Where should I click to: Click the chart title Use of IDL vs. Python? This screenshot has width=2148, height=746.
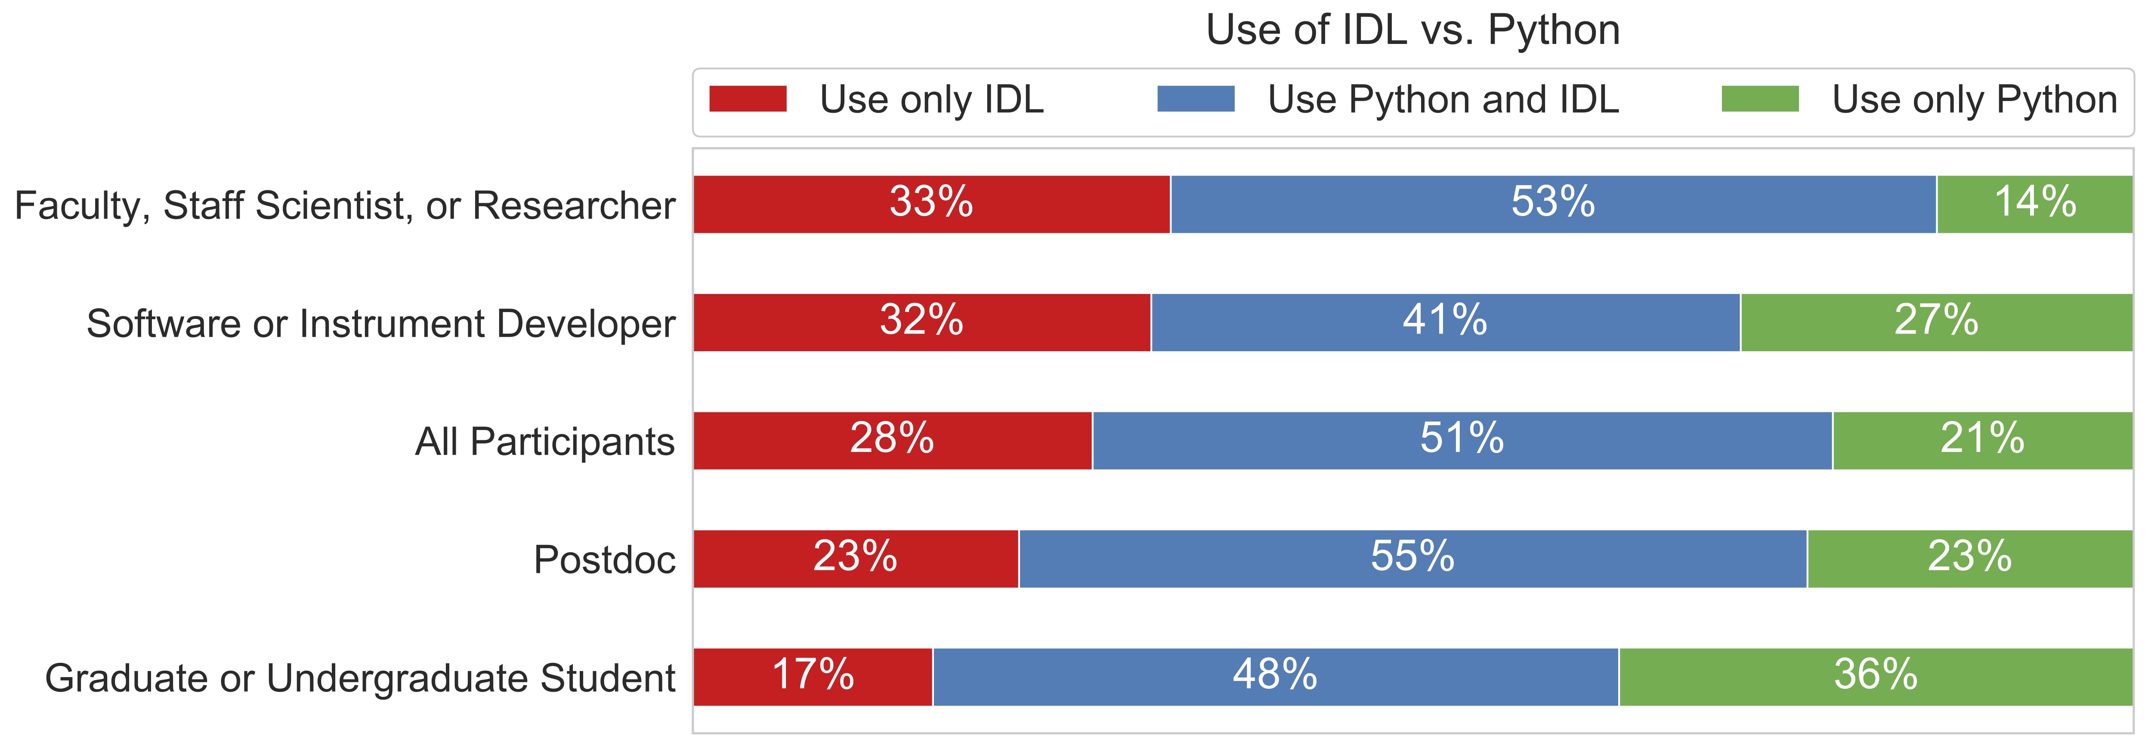(x=1412, y=30)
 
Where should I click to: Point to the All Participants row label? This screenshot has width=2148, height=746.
(x=544, y=441)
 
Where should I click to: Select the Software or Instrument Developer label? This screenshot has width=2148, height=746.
(x=380, y=324)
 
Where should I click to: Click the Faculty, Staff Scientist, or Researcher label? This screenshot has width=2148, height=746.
(x=344, y=205)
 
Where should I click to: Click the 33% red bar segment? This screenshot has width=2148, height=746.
(x=931, y=204)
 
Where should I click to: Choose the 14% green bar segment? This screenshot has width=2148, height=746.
(x=2035, y=204)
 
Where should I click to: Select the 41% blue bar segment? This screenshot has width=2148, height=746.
(x=1445, y=322)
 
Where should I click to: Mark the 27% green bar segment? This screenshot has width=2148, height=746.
(x=1936, y=322)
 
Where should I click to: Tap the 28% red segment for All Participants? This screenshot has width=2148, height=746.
(x=892, y=441)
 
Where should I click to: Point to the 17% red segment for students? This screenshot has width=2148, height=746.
(x=813, y=677)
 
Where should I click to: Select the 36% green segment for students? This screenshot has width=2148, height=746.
(x=1875, y=677)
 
